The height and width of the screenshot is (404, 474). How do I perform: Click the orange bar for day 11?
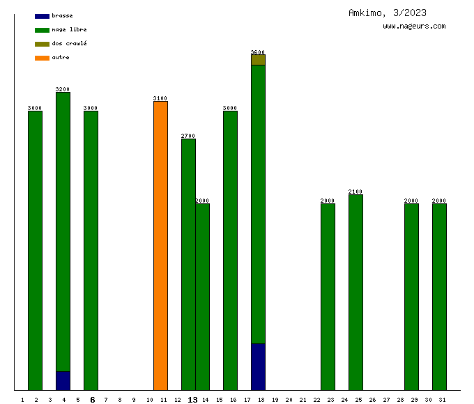pyautogui.click(x=160, y=245)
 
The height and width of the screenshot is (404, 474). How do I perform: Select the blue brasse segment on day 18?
pyautogui.click(x=258, y=366)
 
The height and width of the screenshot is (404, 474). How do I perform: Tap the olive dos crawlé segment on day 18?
pyautogui.click(x=258, y=60)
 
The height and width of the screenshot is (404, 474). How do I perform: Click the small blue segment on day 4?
pyautogui.click(x=63, y=380)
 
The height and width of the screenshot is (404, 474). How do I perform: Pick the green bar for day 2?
pyautogui.click(x=35, y=250)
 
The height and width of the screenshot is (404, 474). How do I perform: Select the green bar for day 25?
pyautogui.click(x=355, y=292)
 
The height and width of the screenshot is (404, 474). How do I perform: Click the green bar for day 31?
pyautogui.click(x=439, y=297)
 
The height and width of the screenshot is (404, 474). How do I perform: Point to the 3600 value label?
pyautogui.click(x=258, y=52)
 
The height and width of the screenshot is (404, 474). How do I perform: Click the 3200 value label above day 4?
pyautogui.click(x=63, y=89)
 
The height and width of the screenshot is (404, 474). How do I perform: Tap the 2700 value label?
pyautogui.click(x=188, y=136)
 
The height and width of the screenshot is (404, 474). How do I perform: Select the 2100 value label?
pyautogui.click(x=355, y=192)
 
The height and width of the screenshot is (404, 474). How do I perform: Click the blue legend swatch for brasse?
pyautogui.click(x=42, y=16)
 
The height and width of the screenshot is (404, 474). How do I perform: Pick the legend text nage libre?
pyautogui.click(x=69, y=30)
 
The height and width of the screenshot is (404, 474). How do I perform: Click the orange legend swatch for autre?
pyautogui.click(x=42, y=58)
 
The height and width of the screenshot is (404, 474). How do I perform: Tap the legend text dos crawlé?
pyautogui.click(x=69, y=44)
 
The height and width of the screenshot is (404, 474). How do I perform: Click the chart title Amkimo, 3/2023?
pyautogui.click(x=388, y=13)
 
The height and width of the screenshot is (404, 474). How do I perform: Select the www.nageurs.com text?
pyautogui.click(x=414, y=26)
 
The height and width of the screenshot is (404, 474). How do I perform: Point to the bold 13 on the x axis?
pyautogui.click(x=193, y=400)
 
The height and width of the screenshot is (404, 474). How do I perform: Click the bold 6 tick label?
pyautogui.click(x=92, y=400)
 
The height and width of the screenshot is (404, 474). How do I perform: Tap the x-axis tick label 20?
pyautogui.click(x=289, y=400)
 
